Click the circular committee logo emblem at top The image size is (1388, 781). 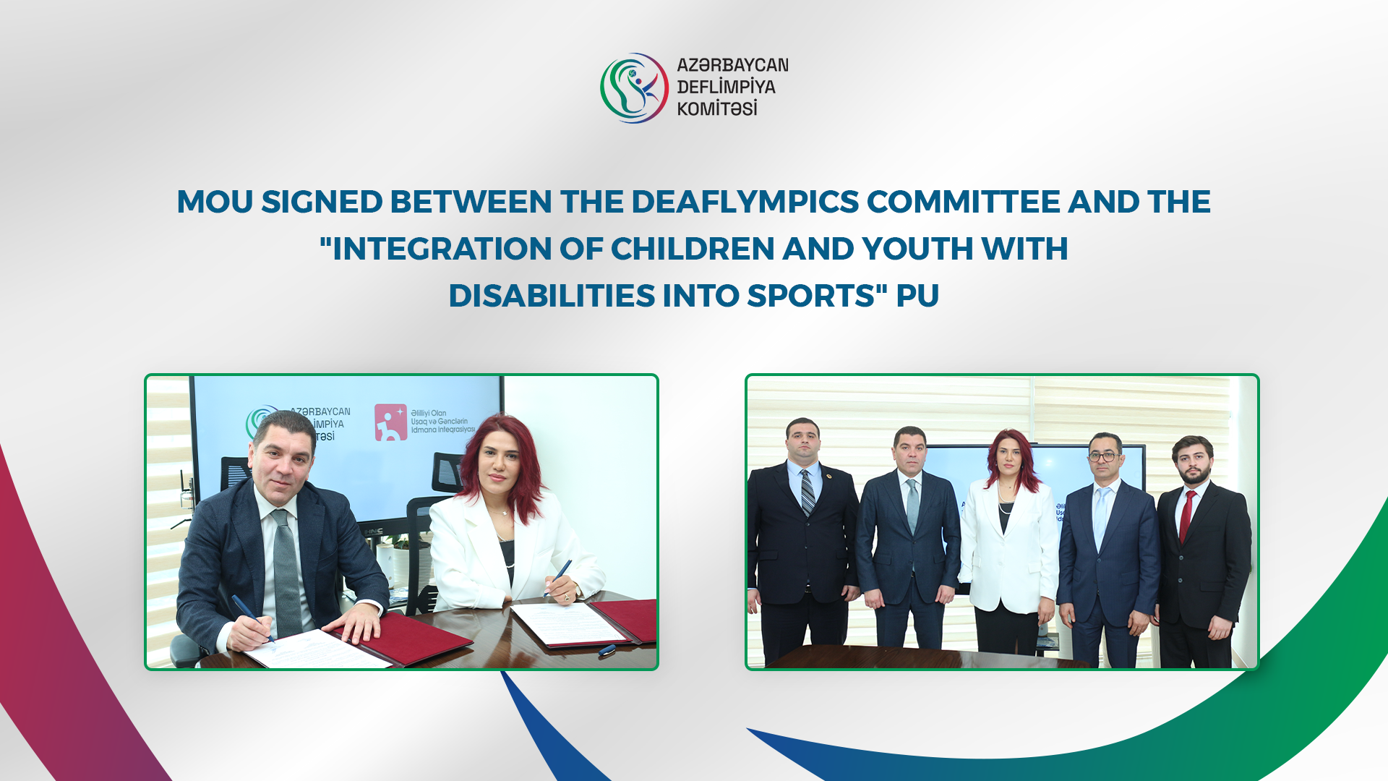(x=634, y=88)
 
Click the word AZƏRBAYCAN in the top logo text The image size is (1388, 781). (x=732, y=65)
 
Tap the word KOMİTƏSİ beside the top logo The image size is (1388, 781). (x=716, y=109)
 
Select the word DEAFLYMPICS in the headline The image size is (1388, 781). (x=745, y=202)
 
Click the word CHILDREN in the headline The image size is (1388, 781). (x=693, y=249)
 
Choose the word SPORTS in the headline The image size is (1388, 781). (x=811, y=296)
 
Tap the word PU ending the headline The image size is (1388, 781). (x=917, y=296)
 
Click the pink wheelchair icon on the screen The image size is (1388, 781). (x=390, y=422)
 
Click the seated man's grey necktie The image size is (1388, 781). (x=286, y=571)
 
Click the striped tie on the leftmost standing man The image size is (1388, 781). (x=807, y=493)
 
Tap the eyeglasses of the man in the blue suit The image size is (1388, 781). (x=1103, y=456)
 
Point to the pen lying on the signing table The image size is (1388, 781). (x=607, y=649)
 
